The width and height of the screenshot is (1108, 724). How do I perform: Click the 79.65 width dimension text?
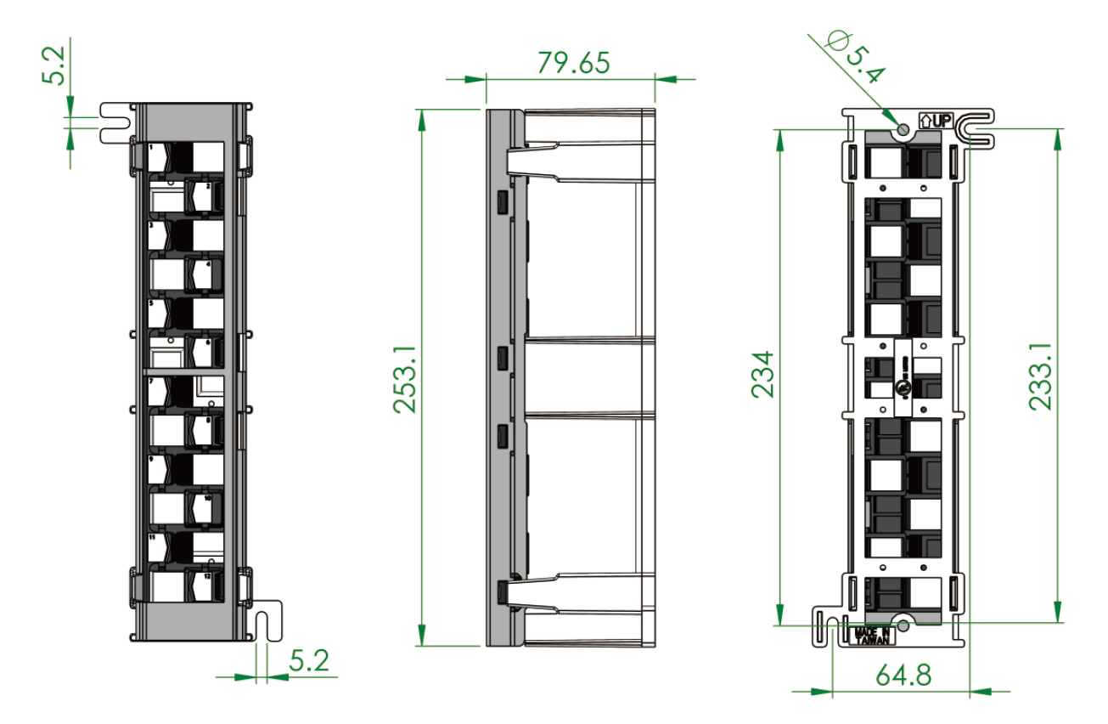tap(573, 63)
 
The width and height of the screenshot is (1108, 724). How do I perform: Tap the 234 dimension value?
tap(764, 374)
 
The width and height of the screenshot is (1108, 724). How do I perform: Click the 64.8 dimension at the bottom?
tap(903, 676)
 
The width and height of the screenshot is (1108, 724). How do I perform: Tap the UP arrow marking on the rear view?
tap(933, 121)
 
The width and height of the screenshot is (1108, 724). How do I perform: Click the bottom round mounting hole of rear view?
tap(903, 625)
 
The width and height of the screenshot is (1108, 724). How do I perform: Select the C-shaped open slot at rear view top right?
tap(974, 129)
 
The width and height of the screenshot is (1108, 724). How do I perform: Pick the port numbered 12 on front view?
tap(205, 586)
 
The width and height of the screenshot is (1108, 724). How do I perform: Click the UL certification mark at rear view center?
tap(905, 387)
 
